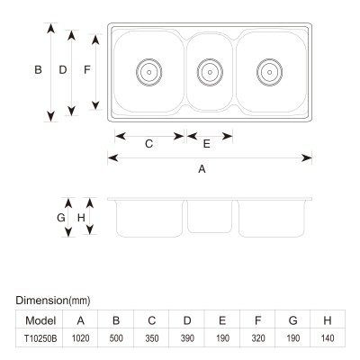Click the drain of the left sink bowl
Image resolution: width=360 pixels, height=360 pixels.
pos(149,72)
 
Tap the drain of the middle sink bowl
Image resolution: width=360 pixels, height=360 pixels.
pos(210,72)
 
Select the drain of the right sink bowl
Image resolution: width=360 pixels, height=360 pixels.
pos(269,72)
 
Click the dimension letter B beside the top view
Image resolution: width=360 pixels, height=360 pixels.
pos(38,70)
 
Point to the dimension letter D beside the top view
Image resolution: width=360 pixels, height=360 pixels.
pos(63,70)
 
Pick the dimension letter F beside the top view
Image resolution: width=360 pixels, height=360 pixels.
pos(87,70)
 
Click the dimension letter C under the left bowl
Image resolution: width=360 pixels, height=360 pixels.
pos(149,144)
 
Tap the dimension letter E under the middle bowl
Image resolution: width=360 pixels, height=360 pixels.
pos(206,144)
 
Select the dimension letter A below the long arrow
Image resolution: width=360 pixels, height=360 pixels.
pos(202,169)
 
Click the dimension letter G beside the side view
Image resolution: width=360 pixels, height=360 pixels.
pos(61,218)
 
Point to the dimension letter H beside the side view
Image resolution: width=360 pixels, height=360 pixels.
pos(81,218)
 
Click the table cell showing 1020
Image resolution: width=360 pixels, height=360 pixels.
pos(80,338)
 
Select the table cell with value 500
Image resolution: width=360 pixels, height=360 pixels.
pos(116,338)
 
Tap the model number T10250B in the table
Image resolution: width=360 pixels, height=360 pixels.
pos(40,338)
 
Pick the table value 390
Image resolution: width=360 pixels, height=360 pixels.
pos(187,338)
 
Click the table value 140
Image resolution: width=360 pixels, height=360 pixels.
pos(328,338)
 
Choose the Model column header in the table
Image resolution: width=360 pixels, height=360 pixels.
pos(40,320)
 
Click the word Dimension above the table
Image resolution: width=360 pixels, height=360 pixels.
pos(42,301)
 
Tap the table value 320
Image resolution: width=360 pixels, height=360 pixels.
pos(257,338)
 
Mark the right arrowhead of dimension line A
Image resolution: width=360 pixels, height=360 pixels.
pos(307,157)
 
